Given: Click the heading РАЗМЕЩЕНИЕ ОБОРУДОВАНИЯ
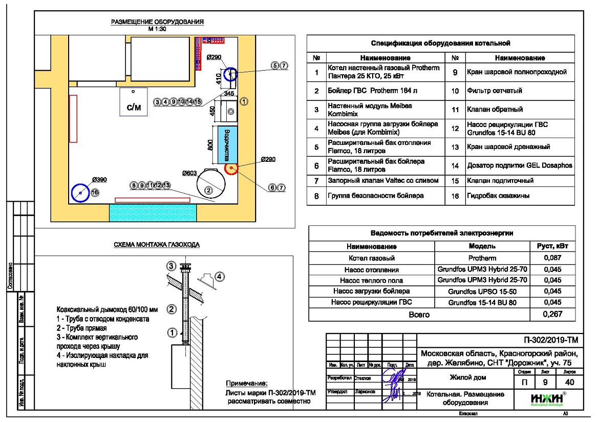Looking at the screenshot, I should pyautogui.click(x=158, y=22).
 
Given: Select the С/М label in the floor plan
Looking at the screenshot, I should pyautogui.click(x=133, y=108).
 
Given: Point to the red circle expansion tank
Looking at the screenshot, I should pyautogui.click(x=231, y=168).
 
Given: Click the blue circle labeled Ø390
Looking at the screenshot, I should pyautogui.click(x=81, y=193).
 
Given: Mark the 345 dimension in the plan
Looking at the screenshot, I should pyautogui.click(x=229, y=94).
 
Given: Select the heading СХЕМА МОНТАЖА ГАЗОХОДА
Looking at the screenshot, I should pyautogui.click(x=157, y=245).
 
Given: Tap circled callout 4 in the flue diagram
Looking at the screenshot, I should pyautogui.click(x=220, y=277).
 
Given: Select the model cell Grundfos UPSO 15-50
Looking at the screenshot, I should pyautogui.click(x=482, y=291).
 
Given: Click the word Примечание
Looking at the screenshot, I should pyautogui.click(x=247, y=384).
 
